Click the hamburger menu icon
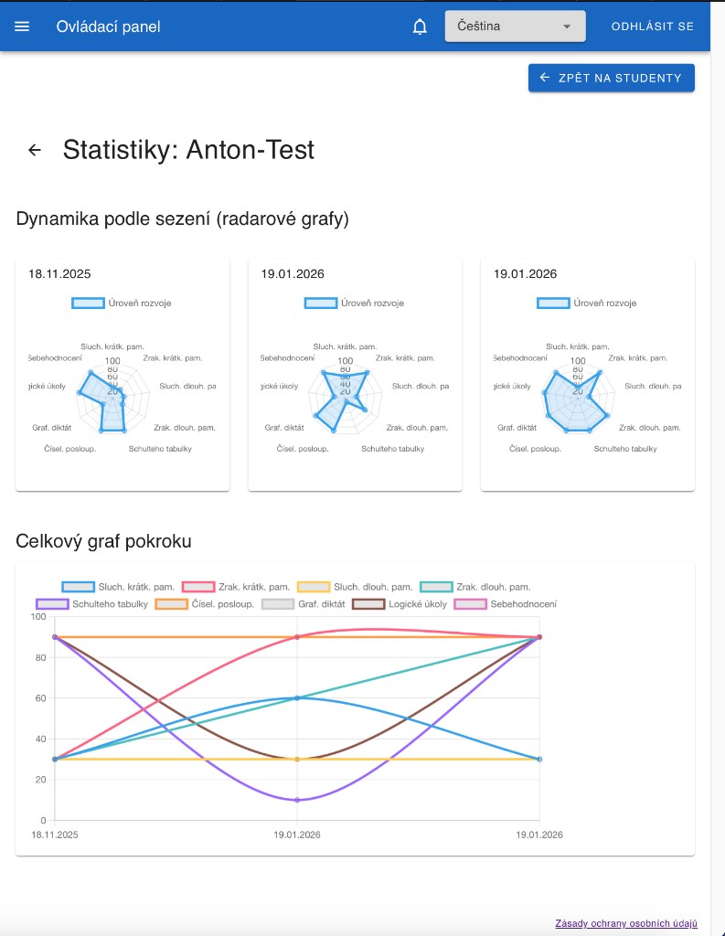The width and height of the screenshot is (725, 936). [x=22, y=27]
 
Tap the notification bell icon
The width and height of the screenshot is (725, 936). [x=420, y=27]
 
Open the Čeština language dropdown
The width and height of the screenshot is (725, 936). [x=515, y=27]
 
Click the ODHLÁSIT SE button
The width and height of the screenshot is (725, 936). [x=653, y=27]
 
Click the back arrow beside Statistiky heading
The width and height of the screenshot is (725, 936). [x=35, y=150]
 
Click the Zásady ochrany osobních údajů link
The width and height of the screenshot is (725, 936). [x=626, y=923]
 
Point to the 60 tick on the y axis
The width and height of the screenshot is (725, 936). [x=39, y=698]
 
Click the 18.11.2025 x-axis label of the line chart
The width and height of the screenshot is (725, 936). [x=55, y=835]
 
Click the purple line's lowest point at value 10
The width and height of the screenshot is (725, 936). [x=297, y=800]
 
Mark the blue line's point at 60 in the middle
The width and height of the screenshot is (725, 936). [x=297, y=698]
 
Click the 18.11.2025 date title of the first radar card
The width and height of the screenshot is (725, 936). [x=59, y=273]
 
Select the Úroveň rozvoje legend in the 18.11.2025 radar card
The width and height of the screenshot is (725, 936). [x=122, y=303]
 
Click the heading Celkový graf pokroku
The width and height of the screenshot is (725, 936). [x=103, y=541]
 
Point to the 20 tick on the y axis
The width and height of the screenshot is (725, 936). [x=39, y=780]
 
